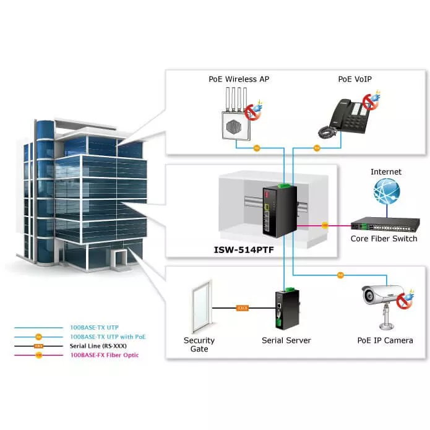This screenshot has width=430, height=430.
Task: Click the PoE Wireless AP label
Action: click(238, 79)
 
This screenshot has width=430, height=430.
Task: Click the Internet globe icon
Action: click(386, 192)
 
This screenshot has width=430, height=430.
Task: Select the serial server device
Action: click(286, 310)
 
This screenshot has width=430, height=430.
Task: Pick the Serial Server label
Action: click(286, 340)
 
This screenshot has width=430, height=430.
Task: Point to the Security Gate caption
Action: click(199, 345)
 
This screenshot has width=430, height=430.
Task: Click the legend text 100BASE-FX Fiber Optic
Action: click(105, 355)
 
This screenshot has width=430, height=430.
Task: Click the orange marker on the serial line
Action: click(243, 307)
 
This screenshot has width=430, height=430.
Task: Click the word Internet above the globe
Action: click(386, 171)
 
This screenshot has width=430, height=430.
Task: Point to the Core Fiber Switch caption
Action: click(384, 239)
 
